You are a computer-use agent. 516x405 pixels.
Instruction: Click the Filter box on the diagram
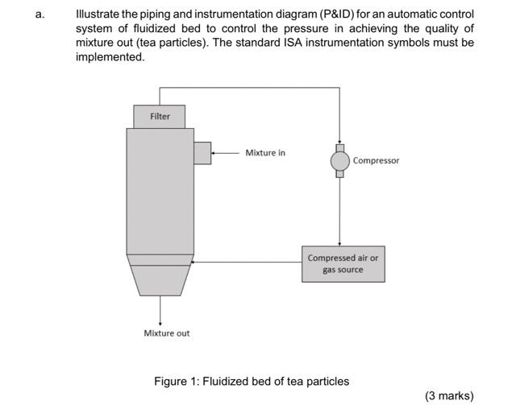[x=160, y=117]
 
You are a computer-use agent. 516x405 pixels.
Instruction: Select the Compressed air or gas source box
[x=343, y=264]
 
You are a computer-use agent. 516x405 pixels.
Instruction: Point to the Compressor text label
[x=376, y=161]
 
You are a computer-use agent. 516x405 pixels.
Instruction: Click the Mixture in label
[x=265, y=152]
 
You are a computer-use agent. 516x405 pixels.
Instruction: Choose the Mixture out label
[x=166, y=333]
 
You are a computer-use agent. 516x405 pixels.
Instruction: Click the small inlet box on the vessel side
[x=202, y=152]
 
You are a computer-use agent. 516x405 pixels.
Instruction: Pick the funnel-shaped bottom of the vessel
[x=160, y=279]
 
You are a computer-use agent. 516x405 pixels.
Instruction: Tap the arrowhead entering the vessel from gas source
[x=195, y=262]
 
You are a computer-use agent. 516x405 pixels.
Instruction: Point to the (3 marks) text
[x=449, y=395]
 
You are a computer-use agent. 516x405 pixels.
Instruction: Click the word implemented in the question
[x=110, y=57]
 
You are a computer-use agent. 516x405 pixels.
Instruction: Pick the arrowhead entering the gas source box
[x=339, y=243]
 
